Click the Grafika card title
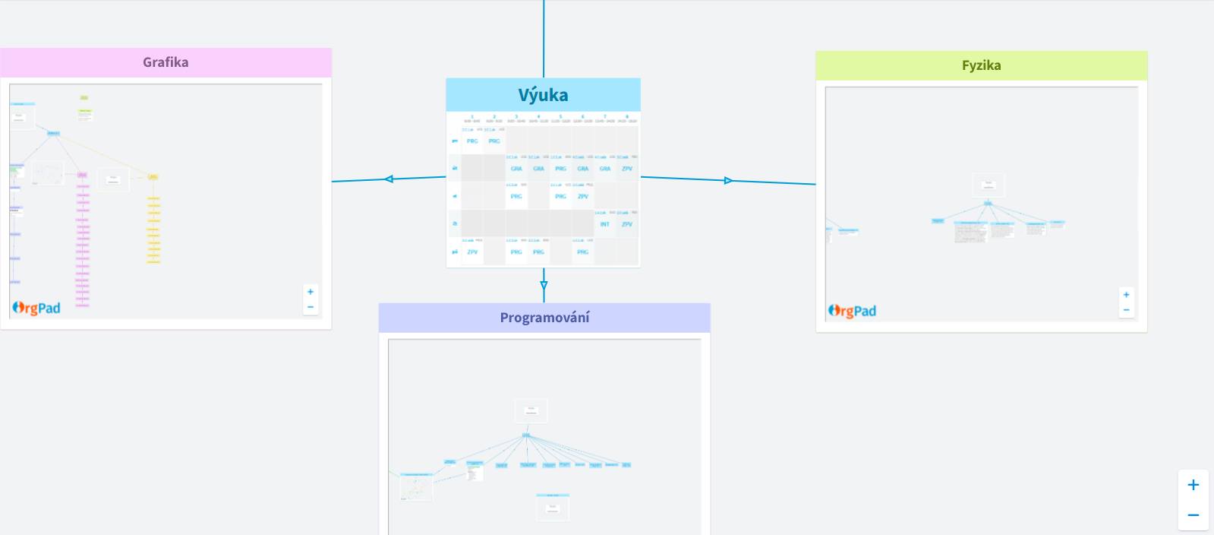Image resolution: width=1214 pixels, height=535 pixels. (166, 62)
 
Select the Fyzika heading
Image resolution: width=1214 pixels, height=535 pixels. (981, 65)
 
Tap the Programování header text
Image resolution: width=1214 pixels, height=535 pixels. (544, 318)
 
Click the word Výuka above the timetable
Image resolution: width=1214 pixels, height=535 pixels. (543, 95)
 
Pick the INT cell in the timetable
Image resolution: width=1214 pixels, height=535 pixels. (604, 224)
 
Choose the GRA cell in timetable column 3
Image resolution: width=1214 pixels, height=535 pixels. (516, 169)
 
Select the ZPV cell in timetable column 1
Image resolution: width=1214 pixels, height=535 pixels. (472, 252)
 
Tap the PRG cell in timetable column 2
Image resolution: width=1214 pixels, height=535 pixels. (494, 141)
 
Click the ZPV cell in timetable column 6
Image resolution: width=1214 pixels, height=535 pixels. (582, 196)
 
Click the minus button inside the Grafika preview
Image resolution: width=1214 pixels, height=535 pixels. (310, 307)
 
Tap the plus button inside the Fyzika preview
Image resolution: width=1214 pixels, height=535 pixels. (1126, 295)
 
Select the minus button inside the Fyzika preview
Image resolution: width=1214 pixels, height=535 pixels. (1126, 310)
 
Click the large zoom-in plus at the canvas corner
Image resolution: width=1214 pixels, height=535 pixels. (1193, 485)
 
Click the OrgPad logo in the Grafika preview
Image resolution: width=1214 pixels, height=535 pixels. (36, 308)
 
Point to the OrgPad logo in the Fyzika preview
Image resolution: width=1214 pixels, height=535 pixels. (852, 311)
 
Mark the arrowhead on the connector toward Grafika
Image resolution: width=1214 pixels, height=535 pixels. (389, 179)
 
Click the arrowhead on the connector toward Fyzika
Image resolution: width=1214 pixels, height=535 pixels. (729, 180)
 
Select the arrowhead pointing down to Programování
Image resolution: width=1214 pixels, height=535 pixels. (544, 286)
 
